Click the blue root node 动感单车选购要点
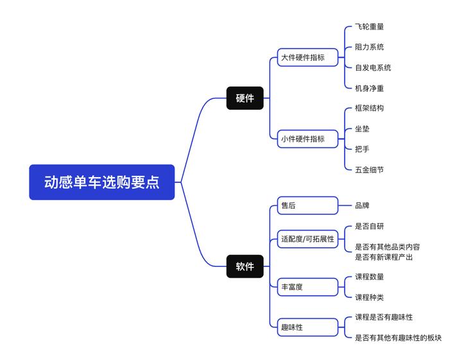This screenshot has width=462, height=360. click(x=102, y=182)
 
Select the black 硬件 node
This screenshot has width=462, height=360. click(x=244, y=98)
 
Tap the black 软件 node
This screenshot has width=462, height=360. click(x=244, y=266)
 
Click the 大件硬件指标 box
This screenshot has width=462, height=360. click(x=307, y=58)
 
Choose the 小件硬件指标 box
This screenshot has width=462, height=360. click(x=307, y=139)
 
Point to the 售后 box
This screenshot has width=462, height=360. click(x=307, y=205)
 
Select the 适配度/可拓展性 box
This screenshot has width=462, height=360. click(x=307, y=239)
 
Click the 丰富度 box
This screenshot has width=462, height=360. click(x=307, y=287)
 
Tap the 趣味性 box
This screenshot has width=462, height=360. click(x=307, y=327)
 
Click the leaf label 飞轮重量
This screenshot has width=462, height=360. click(x=370, y=27)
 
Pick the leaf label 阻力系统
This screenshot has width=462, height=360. click(x=370, y=47)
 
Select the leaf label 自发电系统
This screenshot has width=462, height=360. click(x=373, y=68)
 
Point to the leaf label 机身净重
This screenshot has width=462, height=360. click(x=370, y=89)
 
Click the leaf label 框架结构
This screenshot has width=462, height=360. click(x=370, y=108)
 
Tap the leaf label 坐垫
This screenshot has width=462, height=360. click(x=362, y=129)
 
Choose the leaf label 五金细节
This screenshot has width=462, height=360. click(x=370, y=170)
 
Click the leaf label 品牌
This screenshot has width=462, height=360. click(x=362, y=206)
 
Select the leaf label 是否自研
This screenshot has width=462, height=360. click(x=370, y=227)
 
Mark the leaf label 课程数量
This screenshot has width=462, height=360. click(x=370, y=277)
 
